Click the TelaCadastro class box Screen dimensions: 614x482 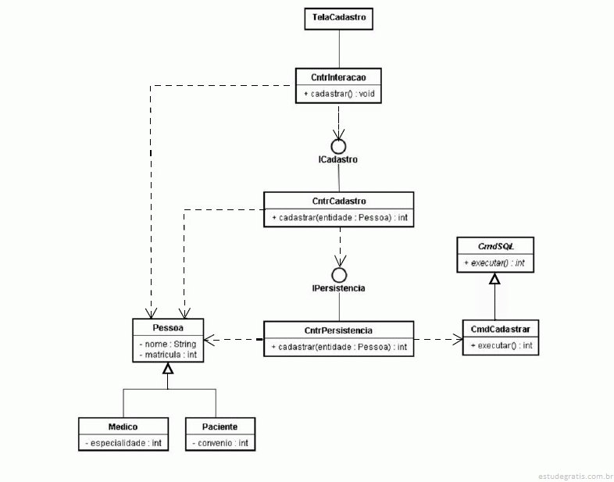pos(339,19)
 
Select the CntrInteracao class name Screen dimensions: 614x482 pos(338,77)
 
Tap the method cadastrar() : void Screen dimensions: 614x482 pos(339,94)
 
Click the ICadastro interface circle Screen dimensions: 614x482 pos(338,146)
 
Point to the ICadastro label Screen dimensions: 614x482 pos(338,159)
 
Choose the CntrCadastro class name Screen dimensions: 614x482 pos(339,201)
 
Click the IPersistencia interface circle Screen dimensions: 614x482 pos(339,275)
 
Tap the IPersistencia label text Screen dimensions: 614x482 pos(339,288)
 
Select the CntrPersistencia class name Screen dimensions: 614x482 pos(338,330)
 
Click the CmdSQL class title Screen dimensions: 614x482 pos(496,246)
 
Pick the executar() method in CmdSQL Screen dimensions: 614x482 pos(494,263)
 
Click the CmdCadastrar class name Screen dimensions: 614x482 pos(501,330)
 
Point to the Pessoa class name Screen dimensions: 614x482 pos(168,328)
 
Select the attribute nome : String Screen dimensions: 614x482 pos(168,345)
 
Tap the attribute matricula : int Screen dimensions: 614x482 pos(168,355)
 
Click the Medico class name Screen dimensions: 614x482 pos(123,427)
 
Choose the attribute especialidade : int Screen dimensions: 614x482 pos(123,443)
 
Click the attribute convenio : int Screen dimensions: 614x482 pos(220,443)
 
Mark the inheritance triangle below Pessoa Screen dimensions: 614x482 pos(168,368)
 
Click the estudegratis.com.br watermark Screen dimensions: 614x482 pos(575,476)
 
